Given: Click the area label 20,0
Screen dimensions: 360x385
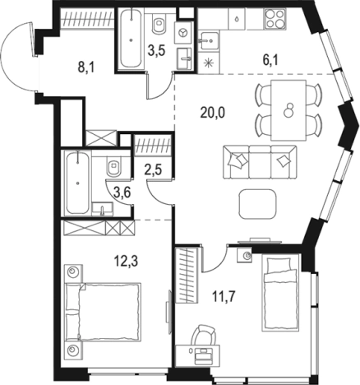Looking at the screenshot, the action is [213, 112].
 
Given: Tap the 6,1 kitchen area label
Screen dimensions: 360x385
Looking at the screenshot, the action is [270, 60].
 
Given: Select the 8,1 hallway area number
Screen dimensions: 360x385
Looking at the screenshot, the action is [86, 67].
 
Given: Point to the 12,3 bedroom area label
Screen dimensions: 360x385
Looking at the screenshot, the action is [126, 261].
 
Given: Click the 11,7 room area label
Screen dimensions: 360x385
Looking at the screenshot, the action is [224, 297].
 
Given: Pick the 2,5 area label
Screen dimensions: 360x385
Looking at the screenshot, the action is [153, 169].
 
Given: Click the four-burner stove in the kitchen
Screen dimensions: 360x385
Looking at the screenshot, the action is [275, 18].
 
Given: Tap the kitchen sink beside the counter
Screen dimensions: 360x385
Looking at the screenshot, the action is [209, 40].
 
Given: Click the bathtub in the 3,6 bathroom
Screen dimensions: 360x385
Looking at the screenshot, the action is [77, 183].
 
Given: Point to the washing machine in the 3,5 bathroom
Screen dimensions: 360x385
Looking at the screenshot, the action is [182, 33].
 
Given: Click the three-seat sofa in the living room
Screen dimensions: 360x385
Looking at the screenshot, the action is [260, 162].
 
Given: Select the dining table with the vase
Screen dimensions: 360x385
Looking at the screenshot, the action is [288, 110].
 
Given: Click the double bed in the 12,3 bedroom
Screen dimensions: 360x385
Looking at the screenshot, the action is [103, 313].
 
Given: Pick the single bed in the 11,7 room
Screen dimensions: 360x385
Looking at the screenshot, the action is [280, 293].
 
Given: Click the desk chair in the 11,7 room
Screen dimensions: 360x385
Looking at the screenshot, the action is [203, 336].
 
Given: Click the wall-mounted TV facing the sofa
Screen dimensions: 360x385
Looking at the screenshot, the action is [260, 241].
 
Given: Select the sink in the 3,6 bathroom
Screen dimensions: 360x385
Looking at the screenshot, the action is [103, 209].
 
